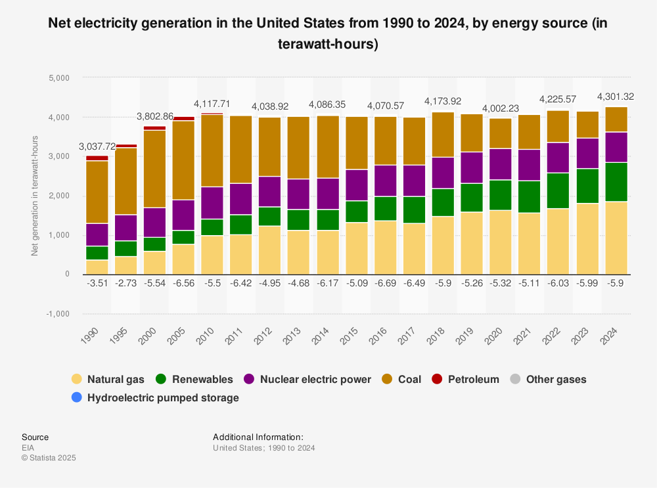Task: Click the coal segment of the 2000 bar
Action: [154, 169]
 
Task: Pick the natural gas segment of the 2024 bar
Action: [616, 238]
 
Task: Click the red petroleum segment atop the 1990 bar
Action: [97, 158]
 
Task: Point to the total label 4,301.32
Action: [616, 97]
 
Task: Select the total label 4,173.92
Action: [443, 101]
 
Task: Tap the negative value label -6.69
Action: [385, 284]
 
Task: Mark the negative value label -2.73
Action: [125, 284]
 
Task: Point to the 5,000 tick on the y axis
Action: [59, 78]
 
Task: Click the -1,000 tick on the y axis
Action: [58, 314]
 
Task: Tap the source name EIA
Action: [28, 448]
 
